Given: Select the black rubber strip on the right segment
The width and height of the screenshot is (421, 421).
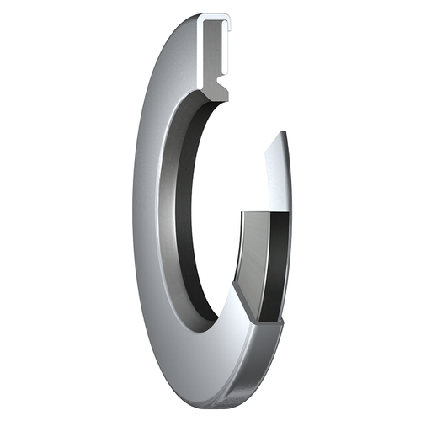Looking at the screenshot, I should (271, 261).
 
